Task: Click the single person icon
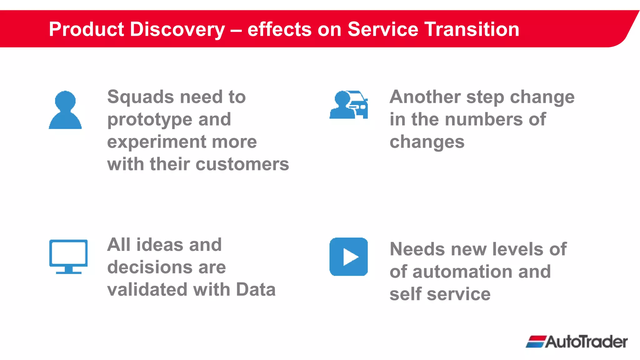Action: click(x=65, y=110)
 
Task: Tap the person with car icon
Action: click(x=348, y=105)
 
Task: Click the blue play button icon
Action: click(x=348, y=257)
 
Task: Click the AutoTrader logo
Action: click(x=577, y=342)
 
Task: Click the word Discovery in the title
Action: click(x=177, y=29)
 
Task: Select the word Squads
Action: click(x=141, y=97)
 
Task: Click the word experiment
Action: click(x=156, y=142)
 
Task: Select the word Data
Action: click(x=256, y=290)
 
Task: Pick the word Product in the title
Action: click(x=87, y=29)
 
